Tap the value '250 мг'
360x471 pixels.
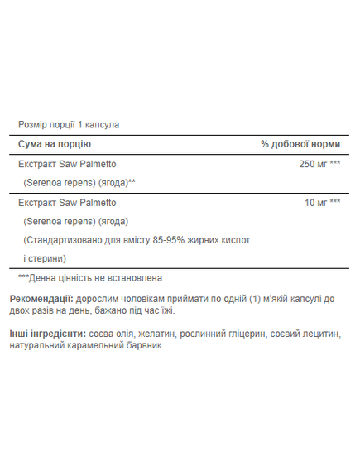click(312, 164)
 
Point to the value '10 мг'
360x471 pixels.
click(315, 203)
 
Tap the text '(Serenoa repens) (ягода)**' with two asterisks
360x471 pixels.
click(79, 181)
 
